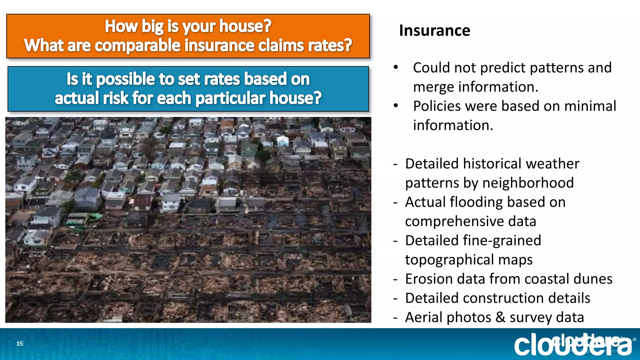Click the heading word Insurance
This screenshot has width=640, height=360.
434,31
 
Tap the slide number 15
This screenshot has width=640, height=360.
20,343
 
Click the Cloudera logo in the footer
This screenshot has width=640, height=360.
572,344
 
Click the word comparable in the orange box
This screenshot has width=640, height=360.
138,46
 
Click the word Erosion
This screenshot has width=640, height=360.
429,279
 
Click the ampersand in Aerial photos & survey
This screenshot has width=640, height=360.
500,317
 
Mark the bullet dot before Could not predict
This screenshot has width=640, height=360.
396,67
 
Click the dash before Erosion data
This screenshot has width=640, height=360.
396,279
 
